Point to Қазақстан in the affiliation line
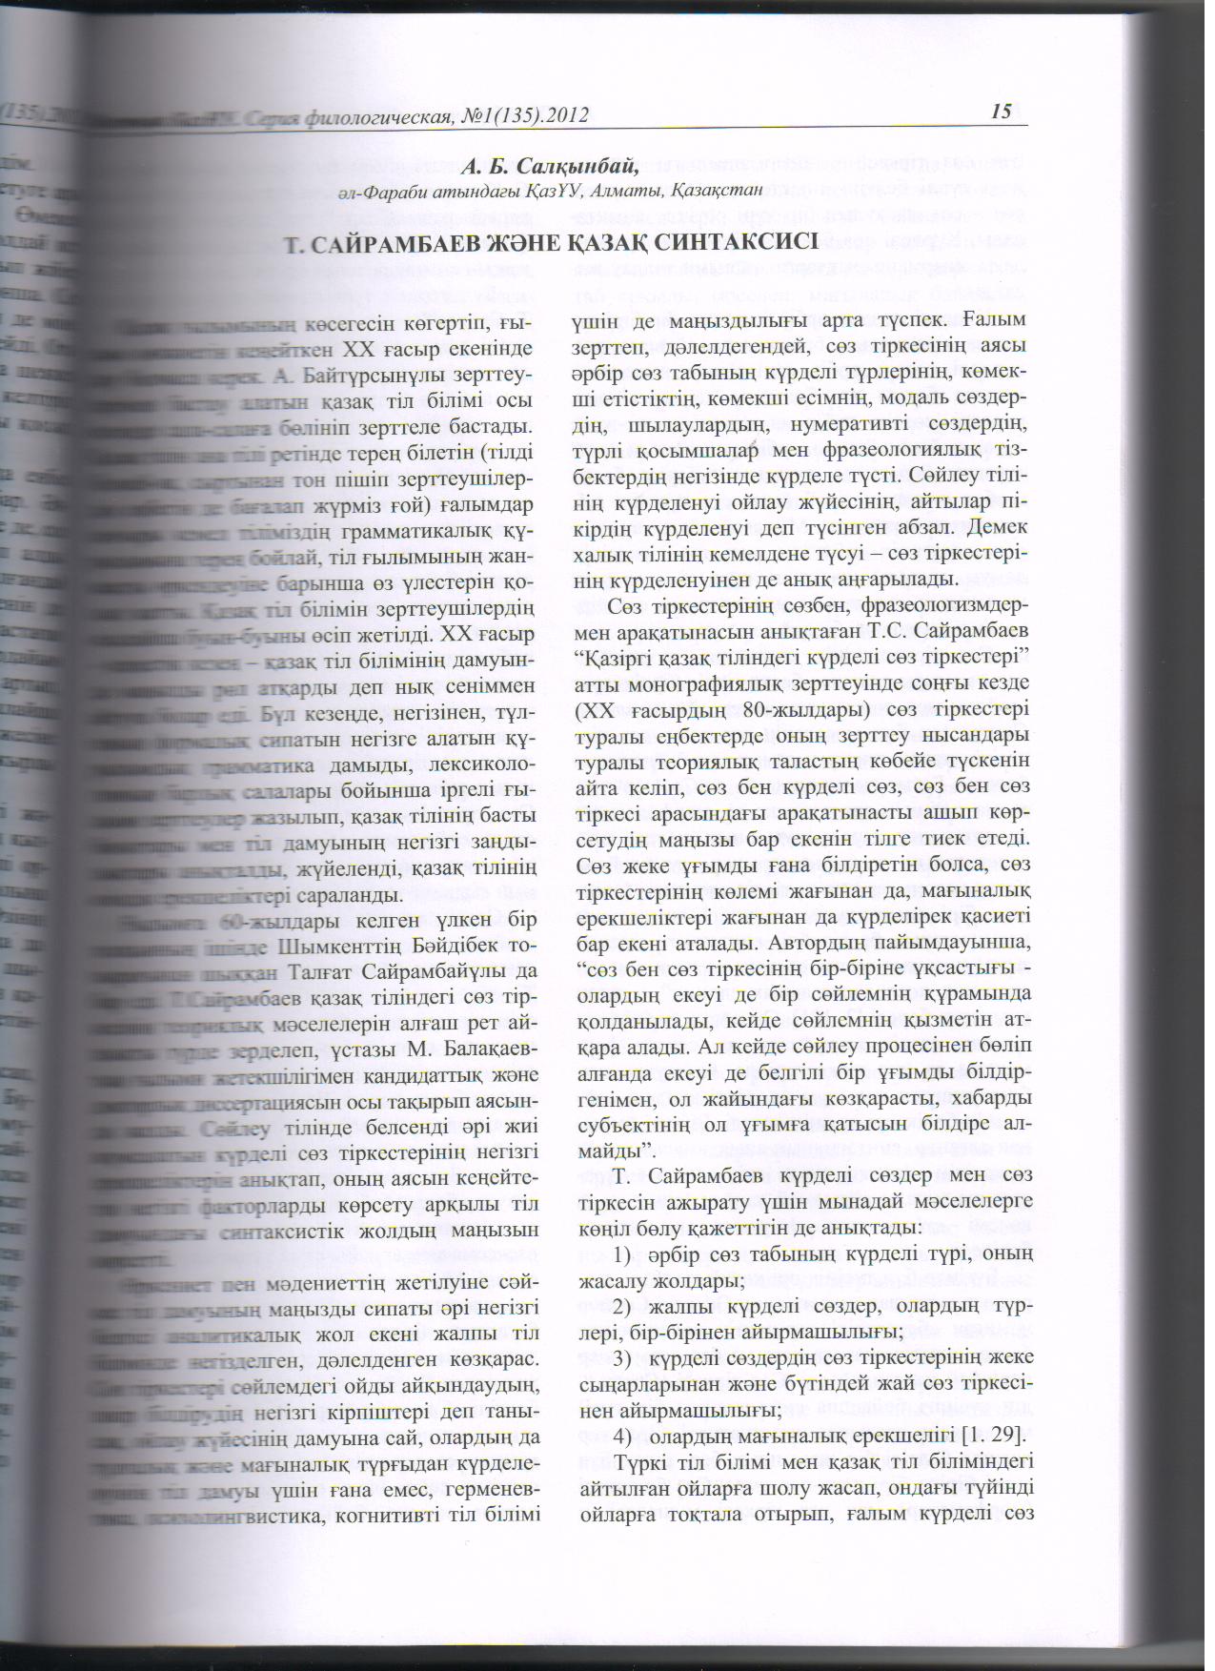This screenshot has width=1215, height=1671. click(x=716, y=192)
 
